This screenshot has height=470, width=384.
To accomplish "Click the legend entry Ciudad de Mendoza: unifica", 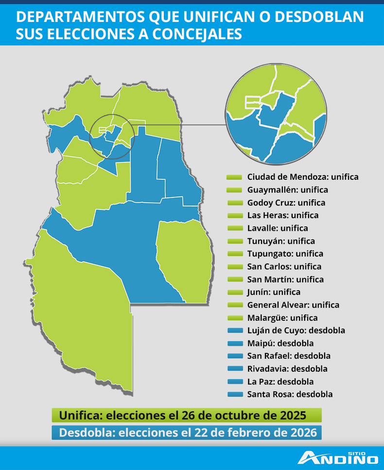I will tap(302, 177).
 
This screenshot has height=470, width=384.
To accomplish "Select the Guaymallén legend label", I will tap(287, 190).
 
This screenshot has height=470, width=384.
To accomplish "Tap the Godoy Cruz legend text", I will tap(286, 203).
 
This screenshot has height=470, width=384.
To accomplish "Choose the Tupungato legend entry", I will tap(285, 254).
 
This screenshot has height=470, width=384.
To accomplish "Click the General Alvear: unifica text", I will tap(293, 305).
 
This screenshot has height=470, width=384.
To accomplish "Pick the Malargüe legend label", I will tap(282, 318).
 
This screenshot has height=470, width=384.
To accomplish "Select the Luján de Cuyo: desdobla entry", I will tap(296, 331).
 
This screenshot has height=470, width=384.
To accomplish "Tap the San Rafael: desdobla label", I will tap(289, 356).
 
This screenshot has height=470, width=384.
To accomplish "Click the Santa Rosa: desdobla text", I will tap(290, 394).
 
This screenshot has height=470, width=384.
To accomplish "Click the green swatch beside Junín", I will tap(234, 292).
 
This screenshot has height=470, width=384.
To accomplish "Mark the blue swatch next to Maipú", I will tap(234, 343).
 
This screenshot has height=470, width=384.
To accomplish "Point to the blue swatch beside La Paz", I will tap(234, 382).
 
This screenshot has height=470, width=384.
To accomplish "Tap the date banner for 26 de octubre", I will tap(187, 416).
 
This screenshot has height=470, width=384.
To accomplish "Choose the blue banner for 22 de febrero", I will tap(187, 432).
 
